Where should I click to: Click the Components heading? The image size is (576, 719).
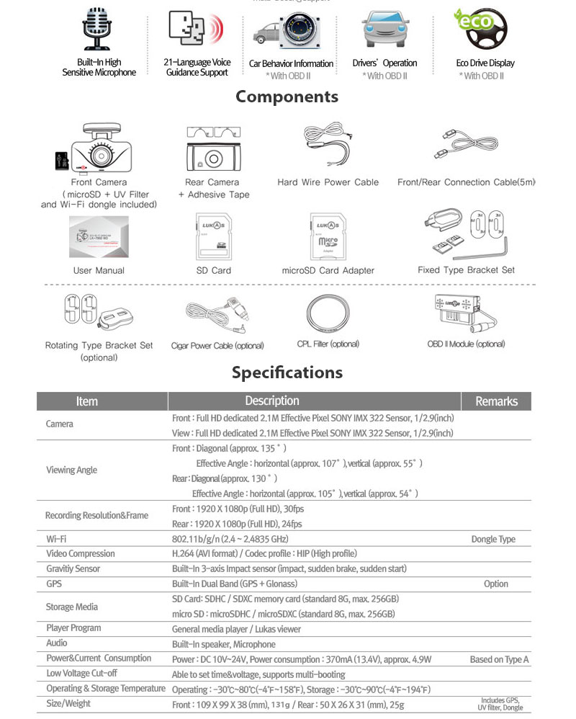287,97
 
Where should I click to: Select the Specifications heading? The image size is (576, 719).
287,372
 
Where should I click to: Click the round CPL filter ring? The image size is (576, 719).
328,313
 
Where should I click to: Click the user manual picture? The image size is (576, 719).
99,238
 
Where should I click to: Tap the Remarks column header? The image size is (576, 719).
496,401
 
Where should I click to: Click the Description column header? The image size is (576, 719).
271,401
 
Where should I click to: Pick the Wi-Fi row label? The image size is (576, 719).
57,539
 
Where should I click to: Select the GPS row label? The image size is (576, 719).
54,584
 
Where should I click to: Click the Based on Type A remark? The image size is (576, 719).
499,659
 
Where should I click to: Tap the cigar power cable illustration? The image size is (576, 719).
216,313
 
